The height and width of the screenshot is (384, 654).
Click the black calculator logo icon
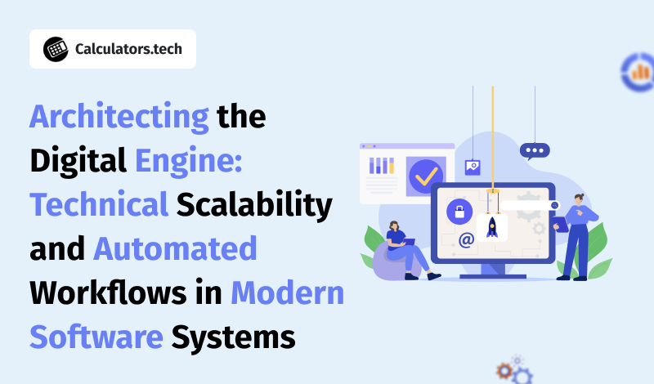pyautogui.click(x=56, y=49)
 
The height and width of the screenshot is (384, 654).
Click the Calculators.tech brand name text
pyautogui.click(x=128, y=49)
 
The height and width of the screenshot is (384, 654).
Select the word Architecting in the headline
pyautogui.click(x=119, y=117)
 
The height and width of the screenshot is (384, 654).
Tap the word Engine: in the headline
pyautogui.click(x=189, y=161)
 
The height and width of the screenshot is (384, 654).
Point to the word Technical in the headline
pyautogui.click(x=99, y=205)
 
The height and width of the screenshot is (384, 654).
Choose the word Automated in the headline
pyautogui.click(x=175, y=249)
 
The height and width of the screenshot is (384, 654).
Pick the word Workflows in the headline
pyautogui.click(x=109, y=292)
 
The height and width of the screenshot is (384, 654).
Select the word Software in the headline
pyautogui.click(x=96, y=337)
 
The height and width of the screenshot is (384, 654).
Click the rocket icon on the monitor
pyautogui.click(x=492, y=228)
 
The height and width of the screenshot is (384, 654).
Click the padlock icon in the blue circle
pyautogui.click(x=459, y=212)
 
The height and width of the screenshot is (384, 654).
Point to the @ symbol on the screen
pyautogui.click(x=466, y=239)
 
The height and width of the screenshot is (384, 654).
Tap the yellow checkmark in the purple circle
pyautogui.click(x=426, y=176)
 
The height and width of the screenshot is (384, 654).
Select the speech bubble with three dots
pyautogui.click(x=535, y=151)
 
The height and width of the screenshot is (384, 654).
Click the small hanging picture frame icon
pyautogui.click(x=473, y=167)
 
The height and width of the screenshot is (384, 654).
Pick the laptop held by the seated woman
pyautogui.click(x=409, y=242)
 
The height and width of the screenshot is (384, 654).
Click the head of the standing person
pyautogui.click(x=579, y=199)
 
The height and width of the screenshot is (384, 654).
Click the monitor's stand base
pyautogui.click(x=493, y=276)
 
